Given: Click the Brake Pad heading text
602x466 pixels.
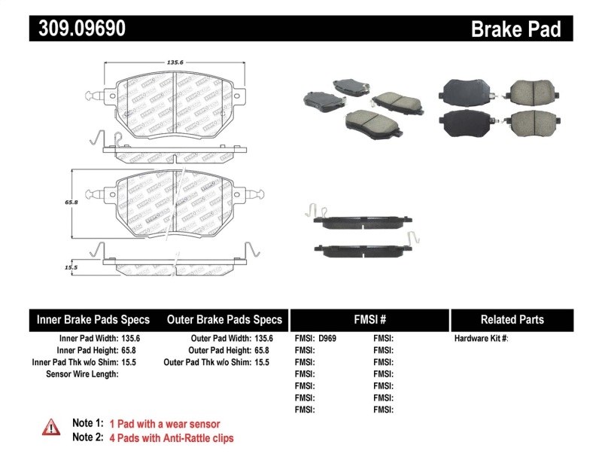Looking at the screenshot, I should (x=515, y=29).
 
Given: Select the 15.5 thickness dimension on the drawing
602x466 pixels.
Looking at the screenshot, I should (x=71, y=267).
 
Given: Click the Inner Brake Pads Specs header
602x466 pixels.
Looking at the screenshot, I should (x=93, y=319).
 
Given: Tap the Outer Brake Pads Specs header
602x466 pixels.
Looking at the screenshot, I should (x=224, y=319).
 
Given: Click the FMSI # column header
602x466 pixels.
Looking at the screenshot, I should (x=369, y=319).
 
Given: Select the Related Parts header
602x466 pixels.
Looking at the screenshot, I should (x=512, y=319).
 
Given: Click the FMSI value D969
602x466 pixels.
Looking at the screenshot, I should (x=327, y=339).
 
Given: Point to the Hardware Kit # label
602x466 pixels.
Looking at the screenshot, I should (x=481, y=339).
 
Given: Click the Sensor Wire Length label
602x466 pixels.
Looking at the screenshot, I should (x=82, y=373).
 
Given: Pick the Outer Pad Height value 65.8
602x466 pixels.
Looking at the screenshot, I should (x=262, y=350).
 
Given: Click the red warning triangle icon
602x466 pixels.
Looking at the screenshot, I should (x=51, y=427).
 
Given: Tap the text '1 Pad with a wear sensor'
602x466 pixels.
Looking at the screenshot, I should (x=165, y=424).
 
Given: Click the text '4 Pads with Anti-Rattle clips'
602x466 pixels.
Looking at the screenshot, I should (x=172, y=437).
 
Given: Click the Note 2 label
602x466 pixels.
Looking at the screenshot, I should (x=87, y=437).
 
